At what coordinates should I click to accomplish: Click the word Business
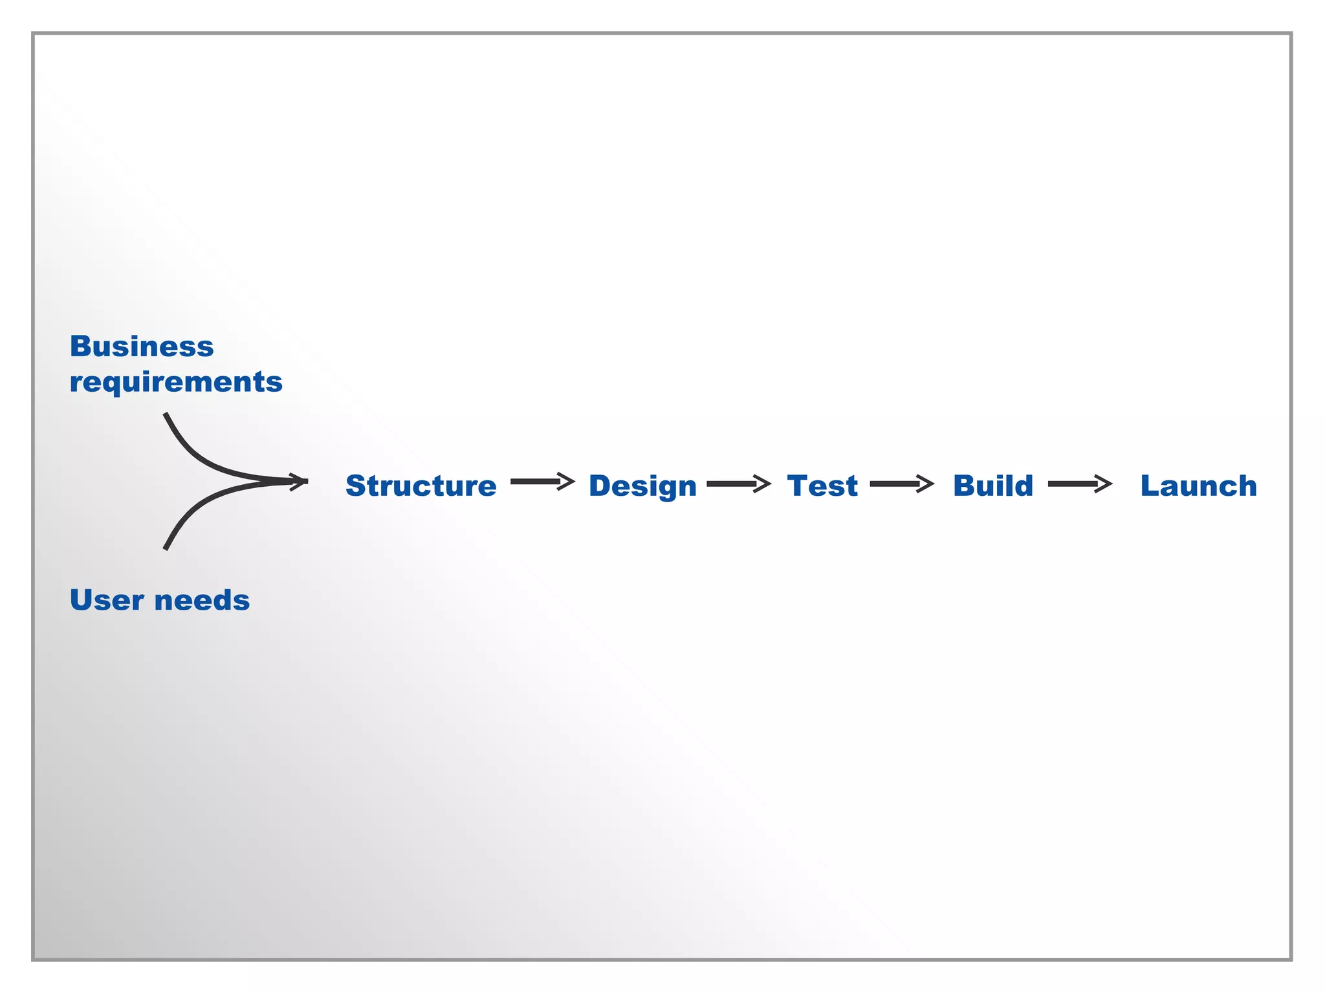[x=141, y=347]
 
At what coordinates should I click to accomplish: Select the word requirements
[x=176, y=382]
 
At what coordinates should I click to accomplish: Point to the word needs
[x=202, y=600]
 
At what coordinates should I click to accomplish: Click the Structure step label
[x=421, y=486]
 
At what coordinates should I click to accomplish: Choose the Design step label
[x=642, y=486]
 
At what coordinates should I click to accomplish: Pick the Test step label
[x=822, y=486]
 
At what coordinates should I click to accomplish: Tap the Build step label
[x=993, y=486]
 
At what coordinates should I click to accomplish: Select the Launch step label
[x=1198, y=486]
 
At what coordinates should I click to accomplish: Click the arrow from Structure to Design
[x=542, y=482]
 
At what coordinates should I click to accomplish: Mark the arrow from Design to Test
[x=738, y=484]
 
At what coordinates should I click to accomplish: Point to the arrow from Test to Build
[x=901, y=484]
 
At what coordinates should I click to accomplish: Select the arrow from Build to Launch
[x=1079, y=484]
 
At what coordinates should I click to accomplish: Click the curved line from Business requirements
[x=194, y=456]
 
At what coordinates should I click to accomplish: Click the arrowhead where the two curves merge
[x=299, y=482]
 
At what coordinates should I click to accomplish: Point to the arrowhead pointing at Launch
[x=1103, y=484]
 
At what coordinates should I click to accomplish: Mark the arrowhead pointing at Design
[x=567, y=482]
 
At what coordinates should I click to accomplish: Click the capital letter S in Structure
[x=356, y=486]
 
